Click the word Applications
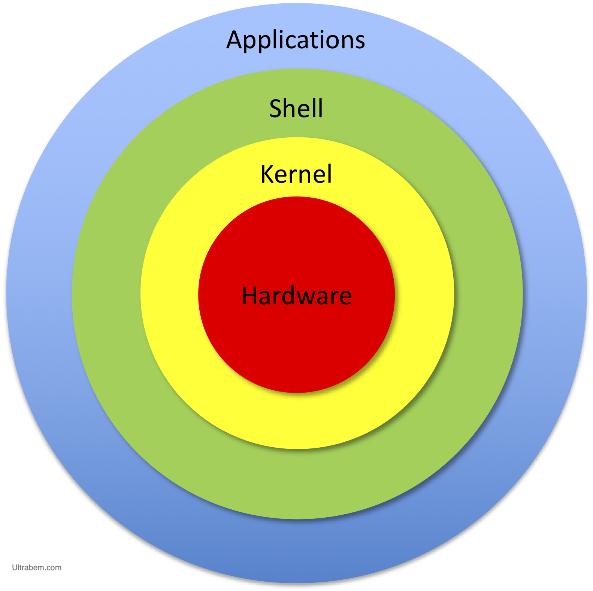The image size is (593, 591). (296, 40)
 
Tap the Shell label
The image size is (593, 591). (296, 109)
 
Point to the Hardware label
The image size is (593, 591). (297, 296)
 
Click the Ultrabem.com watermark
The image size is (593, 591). (37, 567)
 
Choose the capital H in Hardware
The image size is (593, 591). (250, 296)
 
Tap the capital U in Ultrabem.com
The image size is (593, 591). (15, 567)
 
